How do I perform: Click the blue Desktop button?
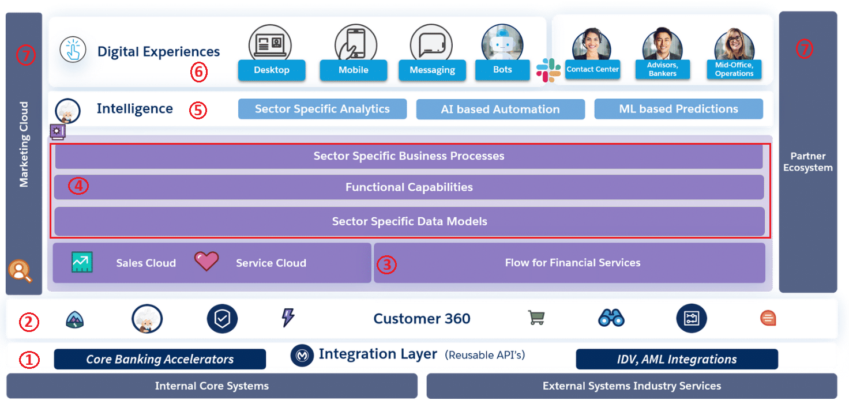(x=271, y=70)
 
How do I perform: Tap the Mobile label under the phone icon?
(x=353, y=70)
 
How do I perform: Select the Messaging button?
(x=432, y=70)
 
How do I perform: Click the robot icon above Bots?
(x=502, y=43)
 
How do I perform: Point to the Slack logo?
(x=548, y=70)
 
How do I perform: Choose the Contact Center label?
(x=592, y=70)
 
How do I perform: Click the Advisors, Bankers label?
(x=662, y=70)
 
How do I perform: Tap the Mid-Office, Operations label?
(x=734, y=70)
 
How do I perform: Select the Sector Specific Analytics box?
(x=322, y=109)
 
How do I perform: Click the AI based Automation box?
(x=500, y=110)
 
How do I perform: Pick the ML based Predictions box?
(x=678, y=109)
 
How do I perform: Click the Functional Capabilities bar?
(x=409, y=187)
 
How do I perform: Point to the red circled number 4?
(x=78, y=187)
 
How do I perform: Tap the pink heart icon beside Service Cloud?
(x=206, y=261)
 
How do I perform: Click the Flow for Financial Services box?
(x=572, y=263)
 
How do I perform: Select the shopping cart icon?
(x=536, y=318)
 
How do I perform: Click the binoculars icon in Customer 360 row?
(x=611, y=318)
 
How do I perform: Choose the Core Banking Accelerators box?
(x=160, y=359)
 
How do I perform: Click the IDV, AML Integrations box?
(x=677, y=359)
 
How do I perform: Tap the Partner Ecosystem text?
(x=807, y=162)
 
